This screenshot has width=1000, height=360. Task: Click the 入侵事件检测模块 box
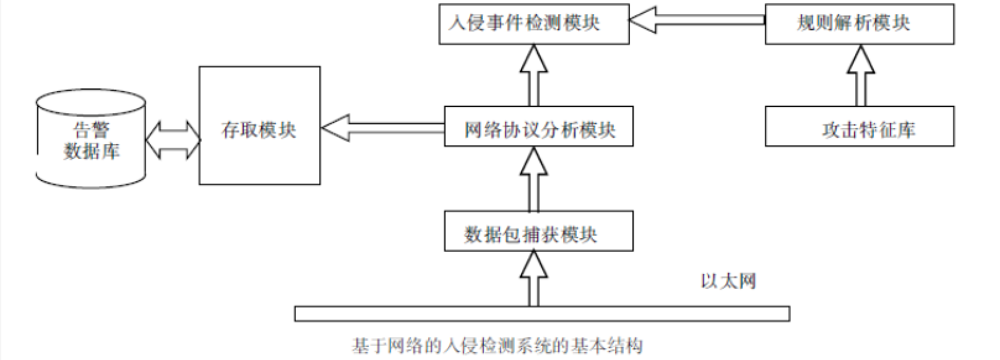tap(533, 24)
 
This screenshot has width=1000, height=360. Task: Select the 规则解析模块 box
tap(859, 24)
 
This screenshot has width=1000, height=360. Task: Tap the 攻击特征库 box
tap(859, 126)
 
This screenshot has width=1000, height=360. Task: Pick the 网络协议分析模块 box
tap(538, 127)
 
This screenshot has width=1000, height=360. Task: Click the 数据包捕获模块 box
tap(538, 231)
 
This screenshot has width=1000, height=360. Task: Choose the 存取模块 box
tap(259, 126)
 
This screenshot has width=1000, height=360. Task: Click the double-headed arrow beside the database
tap(173, 140)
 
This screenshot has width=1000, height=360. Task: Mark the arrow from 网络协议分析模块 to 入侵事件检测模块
tap(533, 75)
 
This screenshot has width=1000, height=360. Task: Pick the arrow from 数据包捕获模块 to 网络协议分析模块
tap(533, 179)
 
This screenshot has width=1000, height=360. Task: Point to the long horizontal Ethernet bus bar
tap(541, 314)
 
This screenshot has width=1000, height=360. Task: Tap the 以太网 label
tap(728, 281)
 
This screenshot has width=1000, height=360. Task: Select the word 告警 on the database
tap(92, 131)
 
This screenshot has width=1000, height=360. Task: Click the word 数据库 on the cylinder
tap(92, 151)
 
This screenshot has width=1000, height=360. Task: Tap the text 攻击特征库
tap(868, 130)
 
